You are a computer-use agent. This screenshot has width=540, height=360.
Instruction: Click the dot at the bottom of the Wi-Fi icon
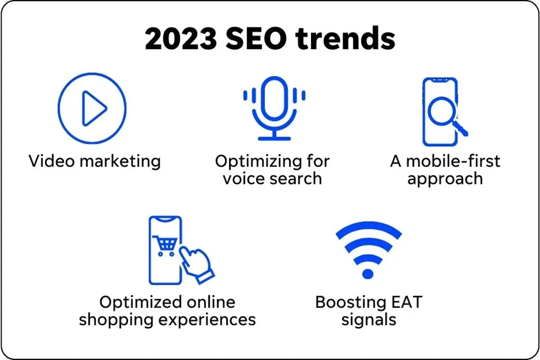[368, 274]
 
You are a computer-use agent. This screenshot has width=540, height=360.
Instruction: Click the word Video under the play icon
[50, 161]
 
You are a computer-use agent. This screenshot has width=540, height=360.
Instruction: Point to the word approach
[445, 179]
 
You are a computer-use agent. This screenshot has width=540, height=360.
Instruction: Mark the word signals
[369, 320]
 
